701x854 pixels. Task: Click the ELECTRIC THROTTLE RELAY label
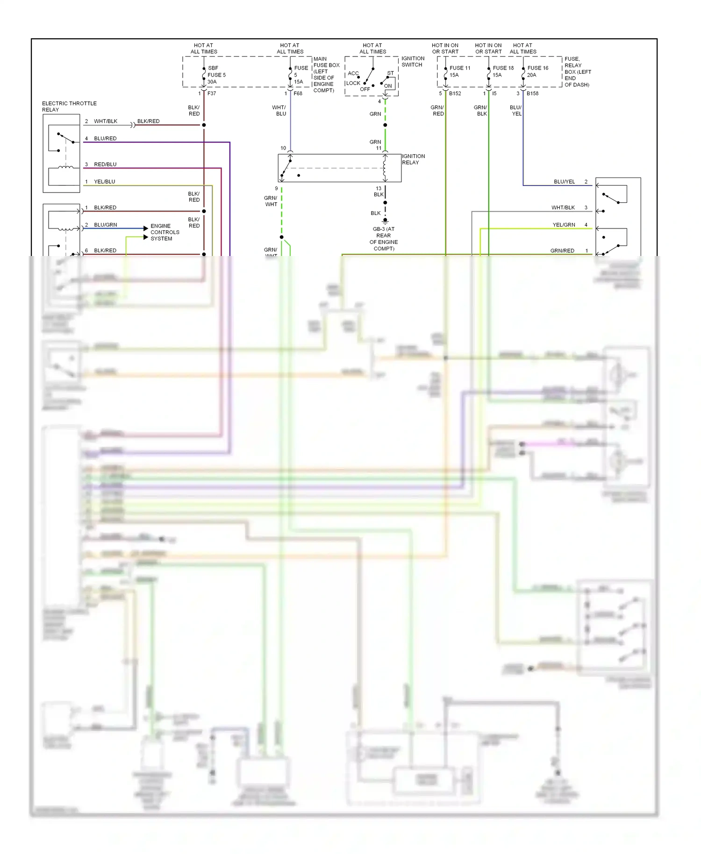[69, 107]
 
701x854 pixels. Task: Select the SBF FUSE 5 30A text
[216, 75]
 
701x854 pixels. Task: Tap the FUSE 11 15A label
[459, 71]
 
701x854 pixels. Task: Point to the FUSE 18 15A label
[502, 71]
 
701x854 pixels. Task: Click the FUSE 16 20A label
[537, 71]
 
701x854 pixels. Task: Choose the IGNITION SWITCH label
[413, 62]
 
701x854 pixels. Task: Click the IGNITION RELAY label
[413, 159]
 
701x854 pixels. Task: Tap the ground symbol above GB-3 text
[385, 221]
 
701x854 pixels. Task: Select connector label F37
[212, 93]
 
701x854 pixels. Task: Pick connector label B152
[455, 93]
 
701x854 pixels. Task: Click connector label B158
[532, 93]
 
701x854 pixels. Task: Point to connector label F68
[298, 93]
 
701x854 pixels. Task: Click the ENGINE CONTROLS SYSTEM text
[165, 232]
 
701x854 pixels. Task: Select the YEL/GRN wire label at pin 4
[564, 225]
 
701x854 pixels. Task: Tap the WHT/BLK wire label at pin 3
[563, 207]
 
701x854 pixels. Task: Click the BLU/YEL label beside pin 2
[564, 182]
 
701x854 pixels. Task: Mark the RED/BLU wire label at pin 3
[105, 164]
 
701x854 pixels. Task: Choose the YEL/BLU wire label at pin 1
[104, 182]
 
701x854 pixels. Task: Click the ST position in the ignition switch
[390, 73]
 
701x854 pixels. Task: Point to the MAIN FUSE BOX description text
[326, 75]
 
